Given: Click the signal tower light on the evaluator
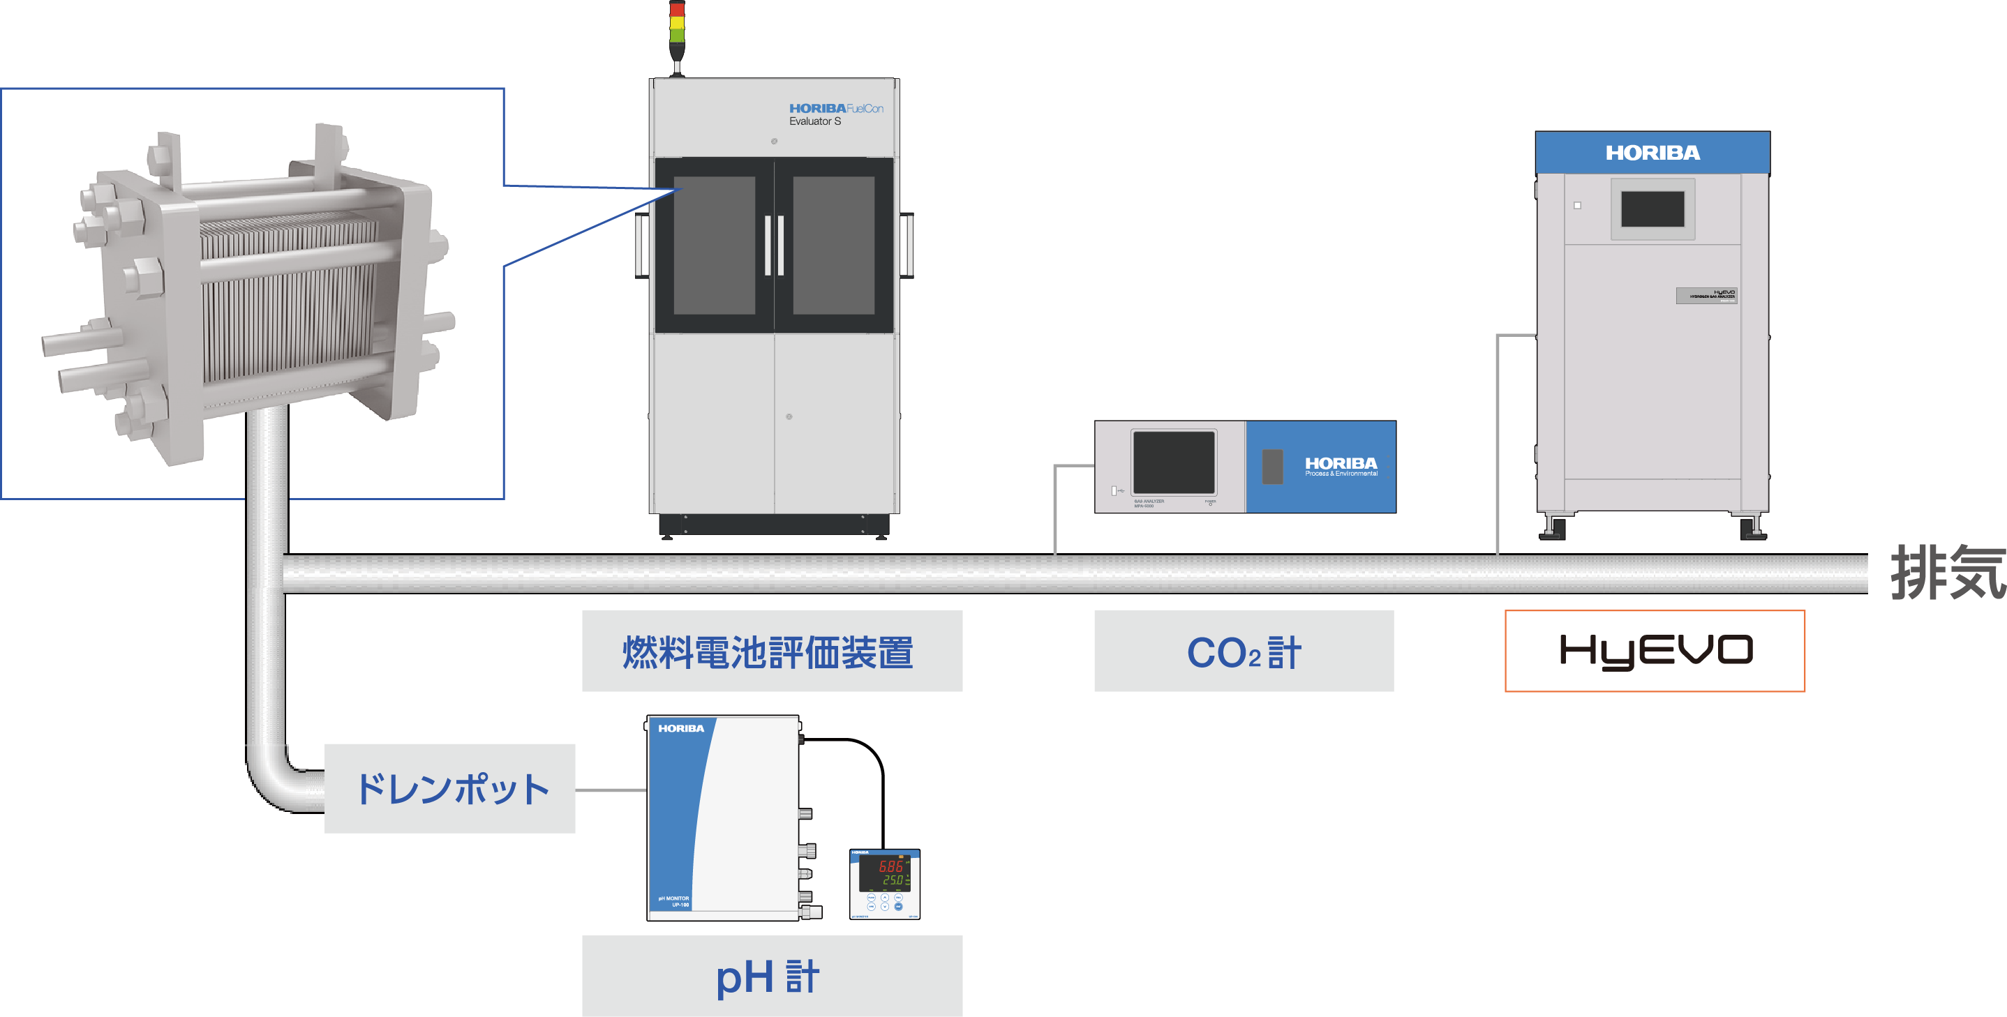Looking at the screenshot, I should tap(677, 27).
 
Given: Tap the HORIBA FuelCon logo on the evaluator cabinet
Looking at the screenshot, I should tap(835, 109).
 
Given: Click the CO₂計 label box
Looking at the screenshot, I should tap(1244, 651).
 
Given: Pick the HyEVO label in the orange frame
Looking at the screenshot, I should tap(1654, 651).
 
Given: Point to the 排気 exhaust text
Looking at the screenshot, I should tap(1946, 574).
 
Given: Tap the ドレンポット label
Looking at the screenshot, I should tap(450, 789).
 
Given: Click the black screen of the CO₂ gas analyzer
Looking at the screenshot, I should tap(1173, 462).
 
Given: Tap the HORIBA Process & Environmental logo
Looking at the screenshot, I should tap(1341, 466).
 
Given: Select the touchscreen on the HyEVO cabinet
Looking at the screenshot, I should tap(1652, 209).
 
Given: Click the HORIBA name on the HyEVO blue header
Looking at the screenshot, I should tap(1652, 153).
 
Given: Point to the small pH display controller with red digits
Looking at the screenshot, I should tap(885, 884).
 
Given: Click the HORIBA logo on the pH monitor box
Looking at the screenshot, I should tap(681, 729).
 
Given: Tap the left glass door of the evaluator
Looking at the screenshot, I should tap(714, 246).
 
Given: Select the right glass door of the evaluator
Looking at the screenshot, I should tap(834, 246).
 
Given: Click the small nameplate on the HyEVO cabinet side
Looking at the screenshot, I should tap(1706, 295).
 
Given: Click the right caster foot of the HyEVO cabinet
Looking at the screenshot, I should tap(1753, 529).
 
